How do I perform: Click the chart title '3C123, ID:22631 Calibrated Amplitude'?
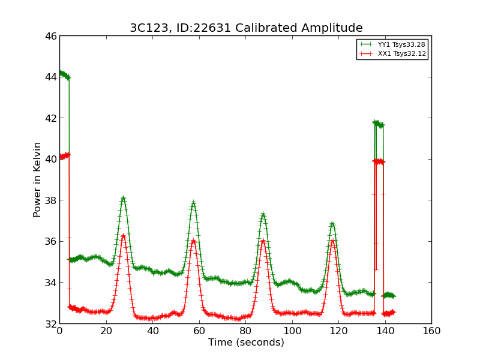246,28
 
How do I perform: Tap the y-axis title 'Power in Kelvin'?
37,179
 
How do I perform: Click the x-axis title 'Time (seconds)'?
246,343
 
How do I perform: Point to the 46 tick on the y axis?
50,36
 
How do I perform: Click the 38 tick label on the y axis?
50,200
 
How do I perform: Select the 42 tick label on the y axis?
50,118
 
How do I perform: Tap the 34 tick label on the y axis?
50,283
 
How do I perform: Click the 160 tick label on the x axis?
431,331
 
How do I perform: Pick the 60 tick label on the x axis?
199,331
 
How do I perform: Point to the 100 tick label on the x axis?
292,331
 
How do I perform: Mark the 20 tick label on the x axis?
106,331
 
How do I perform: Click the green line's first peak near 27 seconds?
123,198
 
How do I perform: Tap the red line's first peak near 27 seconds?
123,236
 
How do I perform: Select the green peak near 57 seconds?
193,203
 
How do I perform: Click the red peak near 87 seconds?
263,241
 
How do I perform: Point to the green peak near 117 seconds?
332,224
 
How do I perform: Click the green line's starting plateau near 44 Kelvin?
64,74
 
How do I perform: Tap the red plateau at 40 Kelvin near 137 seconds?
379,161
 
